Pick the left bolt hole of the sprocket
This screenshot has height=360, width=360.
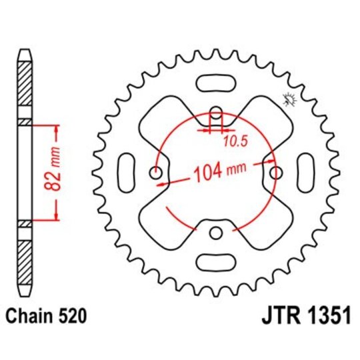157,173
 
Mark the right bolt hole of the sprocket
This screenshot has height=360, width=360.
276,173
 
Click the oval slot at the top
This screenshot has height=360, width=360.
217,83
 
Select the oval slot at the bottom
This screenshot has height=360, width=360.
217,261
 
